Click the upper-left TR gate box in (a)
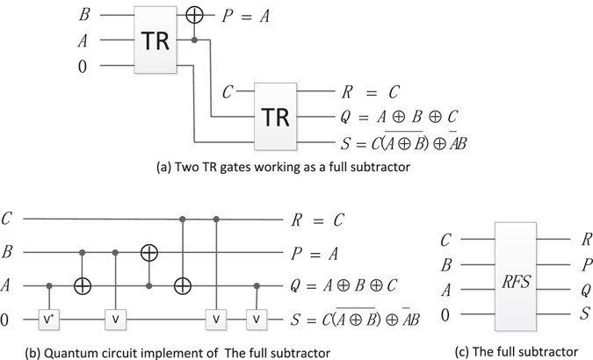pyautogui.click(x=164, y=40)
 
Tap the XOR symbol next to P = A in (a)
pyautogui.click(x=206, y=16)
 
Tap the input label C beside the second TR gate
pyautogui.click(x=228, y=90)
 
